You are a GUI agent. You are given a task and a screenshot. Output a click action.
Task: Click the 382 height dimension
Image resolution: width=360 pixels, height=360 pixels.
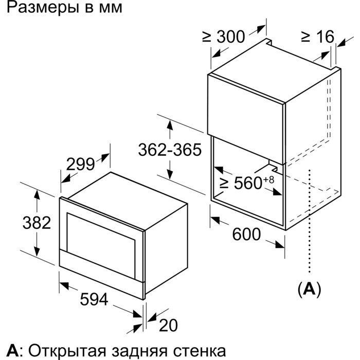[x=37, y=223]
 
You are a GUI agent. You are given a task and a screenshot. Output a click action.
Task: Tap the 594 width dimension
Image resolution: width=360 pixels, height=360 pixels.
[x=94, y=299]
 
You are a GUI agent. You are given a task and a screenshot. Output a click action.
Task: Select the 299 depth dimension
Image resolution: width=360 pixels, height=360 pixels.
[x=80, y=164]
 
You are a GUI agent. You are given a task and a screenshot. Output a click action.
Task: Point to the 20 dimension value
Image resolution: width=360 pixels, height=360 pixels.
[x=168, y=325]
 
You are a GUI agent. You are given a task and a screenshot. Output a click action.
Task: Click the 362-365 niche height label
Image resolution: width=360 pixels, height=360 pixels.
[x=170, y=150]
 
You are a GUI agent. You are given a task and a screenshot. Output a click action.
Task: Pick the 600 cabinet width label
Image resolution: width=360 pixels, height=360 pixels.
[x=246, y=234]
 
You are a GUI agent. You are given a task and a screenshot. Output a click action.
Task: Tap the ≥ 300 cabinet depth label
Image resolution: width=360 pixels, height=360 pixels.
[x=224, y=37]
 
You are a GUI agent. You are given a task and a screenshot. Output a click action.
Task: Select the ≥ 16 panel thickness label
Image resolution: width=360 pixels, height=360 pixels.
[x=318, y=37]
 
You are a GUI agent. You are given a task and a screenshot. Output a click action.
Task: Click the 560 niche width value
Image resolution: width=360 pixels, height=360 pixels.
[x=248, y=183]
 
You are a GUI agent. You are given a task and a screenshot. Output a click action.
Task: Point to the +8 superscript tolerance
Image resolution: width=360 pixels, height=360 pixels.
[x=268, y=179]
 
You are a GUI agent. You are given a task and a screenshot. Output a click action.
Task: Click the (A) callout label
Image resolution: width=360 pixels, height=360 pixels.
[x=309, y=289]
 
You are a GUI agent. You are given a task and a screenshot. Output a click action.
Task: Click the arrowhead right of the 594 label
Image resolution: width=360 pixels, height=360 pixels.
[x=137, y=314]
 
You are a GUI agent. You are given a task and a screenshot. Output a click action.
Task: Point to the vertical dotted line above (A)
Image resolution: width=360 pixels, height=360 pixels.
[x=310, y=221]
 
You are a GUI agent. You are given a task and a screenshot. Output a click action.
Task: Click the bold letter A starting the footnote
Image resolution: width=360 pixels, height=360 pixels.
[x=12, y=351]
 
